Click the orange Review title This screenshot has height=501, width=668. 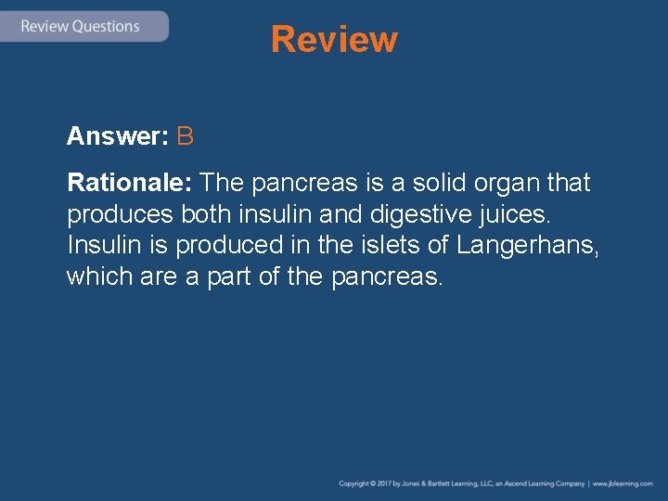(x=334, y=40)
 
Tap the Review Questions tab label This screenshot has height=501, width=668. (x=80, y=26)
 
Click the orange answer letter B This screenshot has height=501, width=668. (x=185, y=137)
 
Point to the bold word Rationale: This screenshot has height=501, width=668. (x=130, y=183)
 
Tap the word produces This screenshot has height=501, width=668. (x=120, y=214)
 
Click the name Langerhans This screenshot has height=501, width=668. (x=527, y=246)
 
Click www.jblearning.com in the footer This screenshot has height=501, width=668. (x=623, y=484)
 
